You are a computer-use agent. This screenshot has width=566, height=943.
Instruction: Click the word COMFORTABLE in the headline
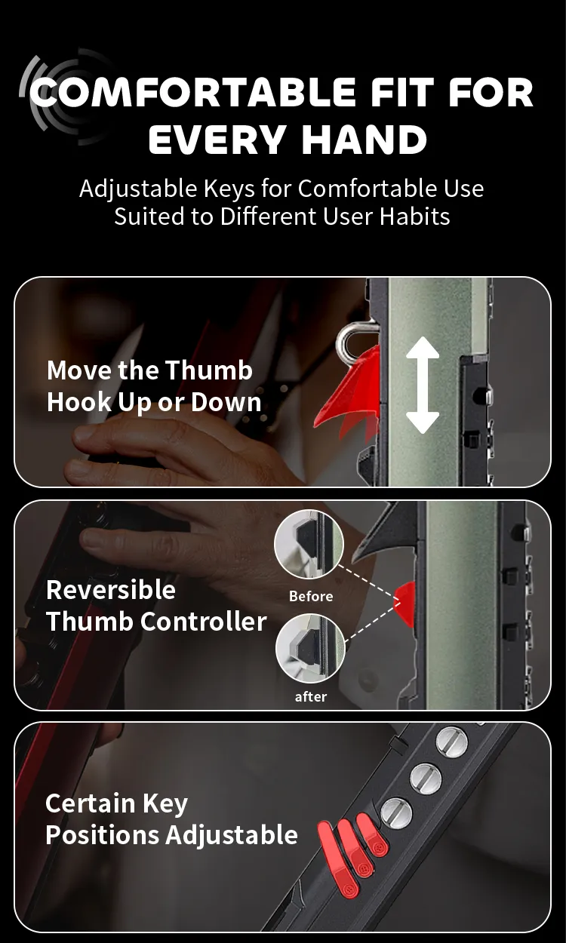point(192,92)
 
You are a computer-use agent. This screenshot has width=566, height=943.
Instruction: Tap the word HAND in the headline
point(365,139)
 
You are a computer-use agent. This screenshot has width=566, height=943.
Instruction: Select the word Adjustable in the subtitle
point(138,189)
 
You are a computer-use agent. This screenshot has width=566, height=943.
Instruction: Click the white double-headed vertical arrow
point(423,385)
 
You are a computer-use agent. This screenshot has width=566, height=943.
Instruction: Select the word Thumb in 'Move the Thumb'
point(208,370)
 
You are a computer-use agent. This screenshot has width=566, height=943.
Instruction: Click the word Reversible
point(111,589)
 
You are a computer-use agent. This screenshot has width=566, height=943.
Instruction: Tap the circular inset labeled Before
point(309,545)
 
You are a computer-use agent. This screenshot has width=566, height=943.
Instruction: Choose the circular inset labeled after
point(310,648)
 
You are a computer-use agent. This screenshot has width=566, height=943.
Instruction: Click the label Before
point(311,596)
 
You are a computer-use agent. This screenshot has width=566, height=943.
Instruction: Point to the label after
point(311,697)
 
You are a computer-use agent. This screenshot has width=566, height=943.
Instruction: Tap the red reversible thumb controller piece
point(405,604)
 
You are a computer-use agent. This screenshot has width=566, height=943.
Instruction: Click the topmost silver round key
point(451,741)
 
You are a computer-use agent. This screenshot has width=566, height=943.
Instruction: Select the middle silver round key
point(426,777)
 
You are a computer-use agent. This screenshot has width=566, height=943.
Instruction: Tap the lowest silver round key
point(396,812)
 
